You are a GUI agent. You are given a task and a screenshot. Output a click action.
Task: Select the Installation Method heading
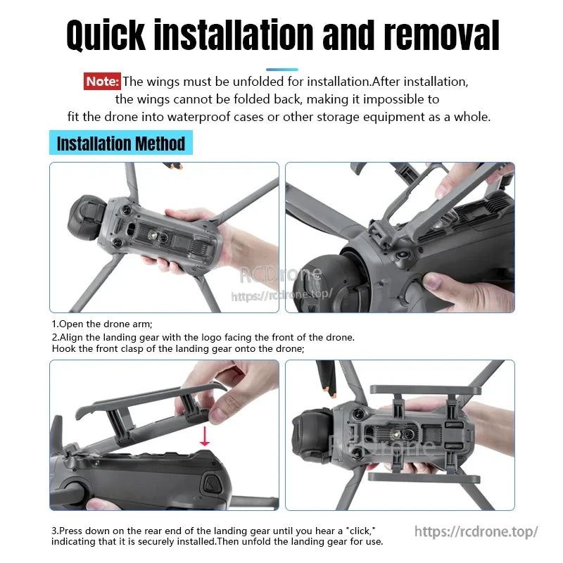[x=121, y=144]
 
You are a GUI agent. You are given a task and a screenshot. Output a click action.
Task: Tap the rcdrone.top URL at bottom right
[x=476, y=531]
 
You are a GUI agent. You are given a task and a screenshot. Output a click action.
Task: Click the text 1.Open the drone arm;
[x=102, y=324]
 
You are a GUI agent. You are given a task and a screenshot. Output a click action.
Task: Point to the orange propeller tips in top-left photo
[x=174, y=167]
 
